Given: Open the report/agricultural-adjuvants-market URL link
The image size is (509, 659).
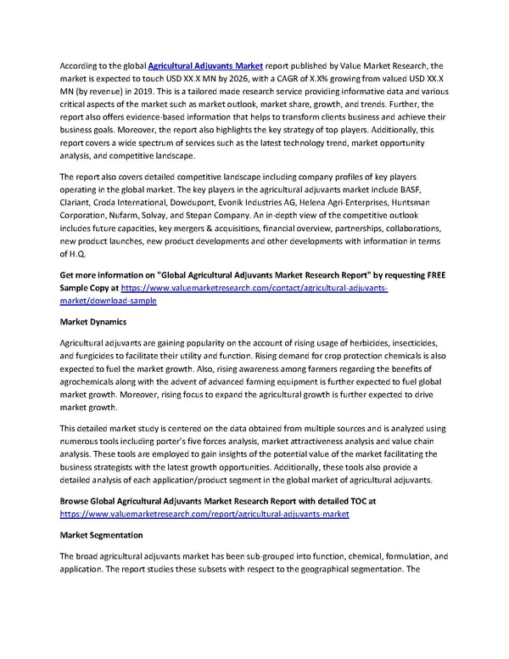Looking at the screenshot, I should pos(204,515).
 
